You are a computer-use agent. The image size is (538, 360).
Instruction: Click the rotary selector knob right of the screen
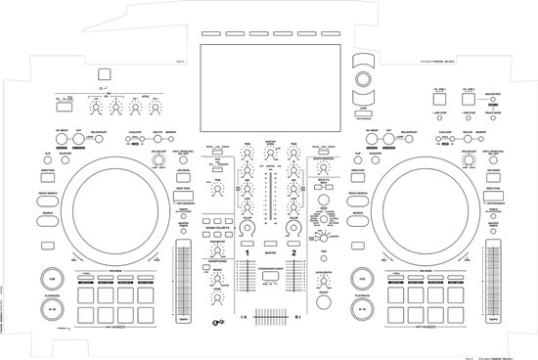point(363,77)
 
